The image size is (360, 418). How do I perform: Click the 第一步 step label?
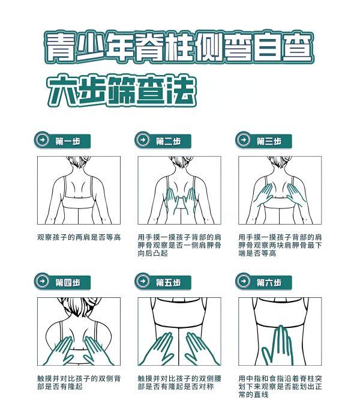pos(68,141)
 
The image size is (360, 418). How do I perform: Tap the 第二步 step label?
pos(168,141)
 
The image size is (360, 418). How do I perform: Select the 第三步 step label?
pos(269,141)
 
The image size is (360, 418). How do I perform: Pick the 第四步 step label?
pos(68,282)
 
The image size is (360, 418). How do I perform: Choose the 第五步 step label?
pos(168,282)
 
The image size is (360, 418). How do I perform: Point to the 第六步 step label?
pos(269,282)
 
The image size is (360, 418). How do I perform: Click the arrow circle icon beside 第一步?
pos(42,140)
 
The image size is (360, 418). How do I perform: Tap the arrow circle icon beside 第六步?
pos(244,281)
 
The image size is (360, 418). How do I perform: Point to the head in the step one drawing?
pos(79,162)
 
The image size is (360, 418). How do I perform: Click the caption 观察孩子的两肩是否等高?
pos(79,237)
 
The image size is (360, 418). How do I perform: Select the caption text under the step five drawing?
pos(179,383)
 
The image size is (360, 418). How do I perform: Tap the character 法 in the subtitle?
pos(181,91)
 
